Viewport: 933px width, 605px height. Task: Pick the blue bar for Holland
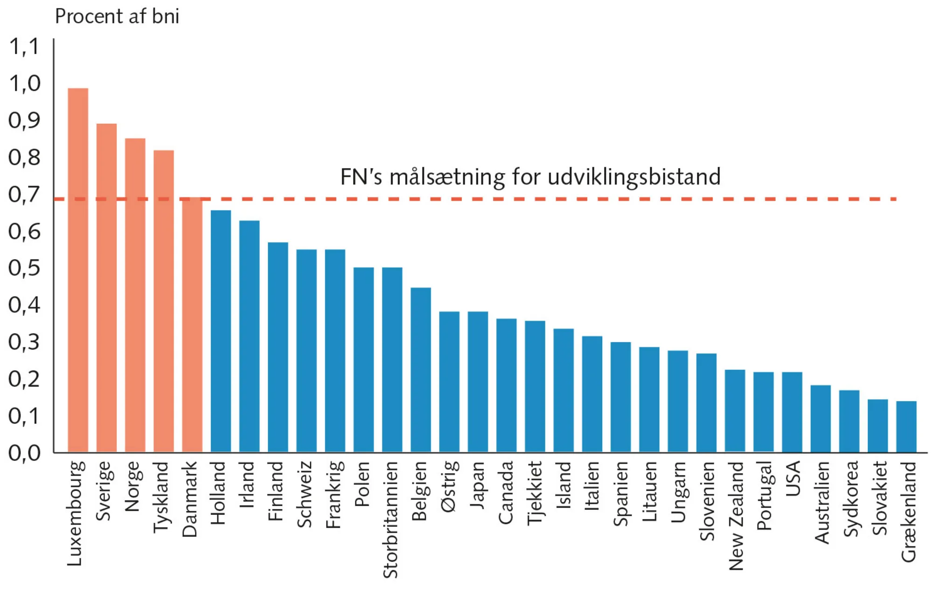click(221, 331)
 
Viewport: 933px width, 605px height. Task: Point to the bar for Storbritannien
click(392, 359)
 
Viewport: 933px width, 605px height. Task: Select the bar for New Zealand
click(735, 411)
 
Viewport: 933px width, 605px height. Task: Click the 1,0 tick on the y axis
click(25, 84)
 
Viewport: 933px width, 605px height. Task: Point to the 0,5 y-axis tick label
click(25, 268)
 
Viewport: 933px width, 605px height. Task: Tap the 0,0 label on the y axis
click(25, 453)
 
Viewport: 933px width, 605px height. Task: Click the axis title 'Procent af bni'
click(117, 17)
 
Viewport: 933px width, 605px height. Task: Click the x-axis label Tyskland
click(161, 497)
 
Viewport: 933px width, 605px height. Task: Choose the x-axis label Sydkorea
click(850, 498)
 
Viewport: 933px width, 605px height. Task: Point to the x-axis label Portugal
click(764, 495)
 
